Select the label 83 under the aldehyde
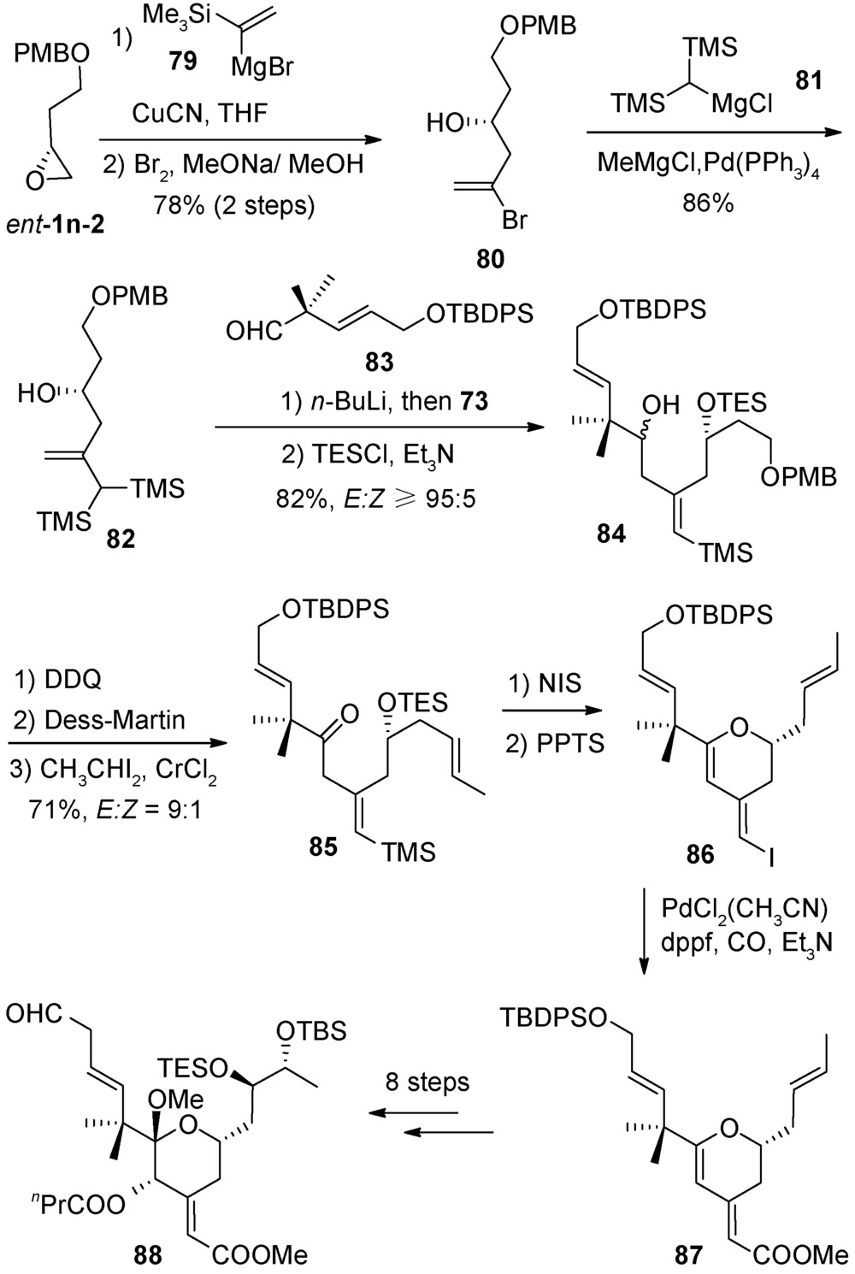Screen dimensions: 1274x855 point(379,362)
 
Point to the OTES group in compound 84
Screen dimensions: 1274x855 point(731,401)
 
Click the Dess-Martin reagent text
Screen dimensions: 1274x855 point(103,719)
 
